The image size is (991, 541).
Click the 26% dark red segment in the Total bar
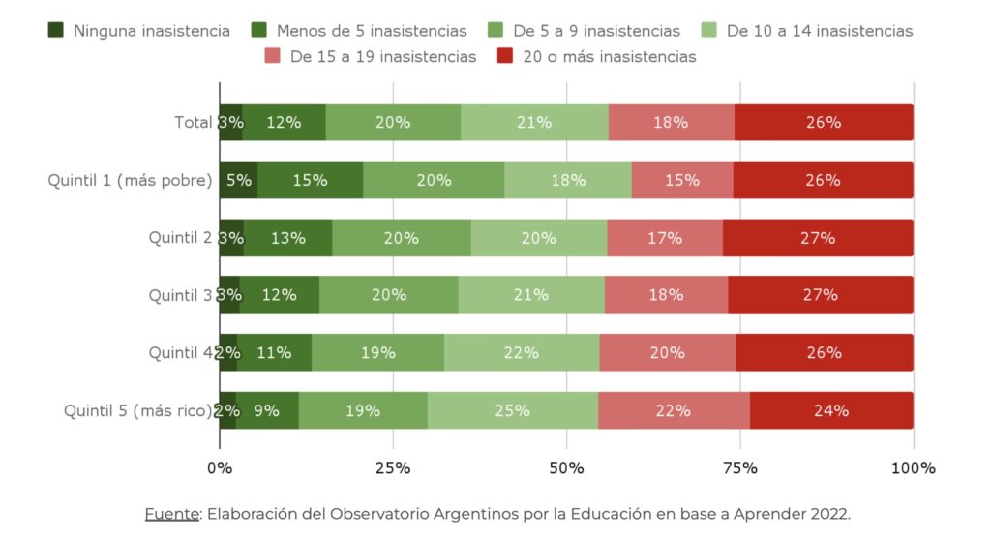(824, 123)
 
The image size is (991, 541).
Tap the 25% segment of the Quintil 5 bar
(512, 410)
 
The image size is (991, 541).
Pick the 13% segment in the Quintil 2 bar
(287, 238)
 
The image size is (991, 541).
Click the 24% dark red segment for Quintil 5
(831, 410)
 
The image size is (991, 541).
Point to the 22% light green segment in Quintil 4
(522, 353)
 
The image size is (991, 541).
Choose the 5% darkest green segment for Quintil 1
(238, 180)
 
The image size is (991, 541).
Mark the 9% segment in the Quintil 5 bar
(267, 410)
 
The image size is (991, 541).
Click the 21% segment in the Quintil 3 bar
(531, 295)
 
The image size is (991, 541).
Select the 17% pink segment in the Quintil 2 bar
(665, 238)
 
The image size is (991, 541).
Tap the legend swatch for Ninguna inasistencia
(56, 31)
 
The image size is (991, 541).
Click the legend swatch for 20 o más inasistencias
(505, 57)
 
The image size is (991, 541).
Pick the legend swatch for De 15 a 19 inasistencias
(272, 57)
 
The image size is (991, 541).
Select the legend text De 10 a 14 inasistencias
(819, 31)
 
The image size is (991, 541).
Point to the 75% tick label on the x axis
(740, 468)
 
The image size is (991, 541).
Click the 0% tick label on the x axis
(220, 468)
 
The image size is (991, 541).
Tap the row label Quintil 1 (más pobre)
(130, 180)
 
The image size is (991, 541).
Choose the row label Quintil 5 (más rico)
(137, 410)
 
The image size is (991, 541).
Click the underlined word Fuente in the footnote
(170, 513)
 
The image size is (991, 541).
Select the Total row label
(193, 123)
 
